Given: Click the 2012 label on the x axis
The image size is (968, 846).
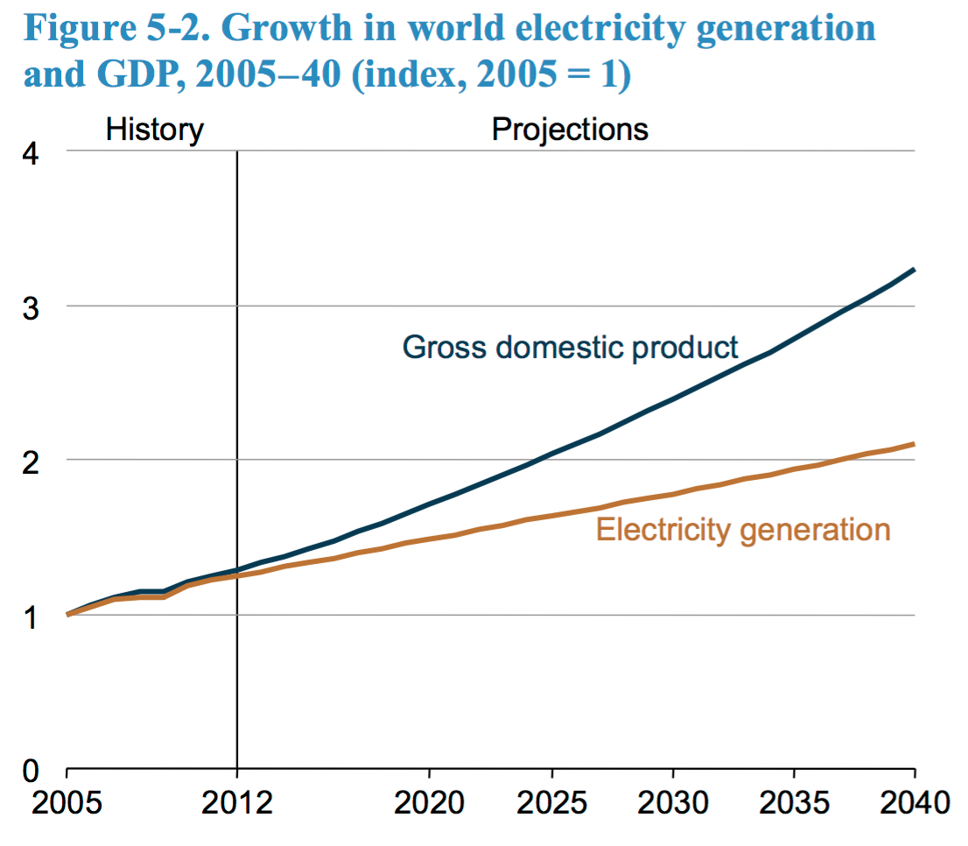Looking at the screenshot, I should click(237, 802).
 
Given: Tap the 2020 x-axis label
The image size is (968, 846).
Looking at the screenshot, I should click(430, 802).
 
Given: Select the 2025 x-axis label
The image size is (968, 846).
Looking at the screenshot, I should click(551, 802).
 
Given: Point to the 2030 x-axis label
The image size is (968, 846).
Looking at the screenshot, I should click(672, 802).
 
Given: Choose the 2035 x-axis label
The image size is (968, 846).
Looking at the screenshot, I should click(793, 802).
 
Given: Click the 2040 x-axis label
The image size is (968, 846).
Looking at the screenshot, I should click(914, 802).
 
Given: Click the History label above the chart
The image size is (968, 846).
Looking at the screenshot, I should click(155, 130).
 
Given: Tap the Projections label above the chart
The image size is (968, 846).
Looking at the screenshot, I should click(570, 130).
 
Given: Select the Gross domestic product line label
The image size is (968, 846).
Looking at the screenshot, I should click(571, 347).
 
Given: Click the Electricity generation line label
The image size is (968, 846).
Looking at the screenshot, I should click(743, 530).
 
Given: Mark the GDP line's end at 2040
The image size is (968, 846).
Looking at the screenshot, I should click(914, 270).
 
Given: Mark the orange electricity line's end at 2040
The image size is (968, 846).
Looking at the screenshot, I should click(914, 444).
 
